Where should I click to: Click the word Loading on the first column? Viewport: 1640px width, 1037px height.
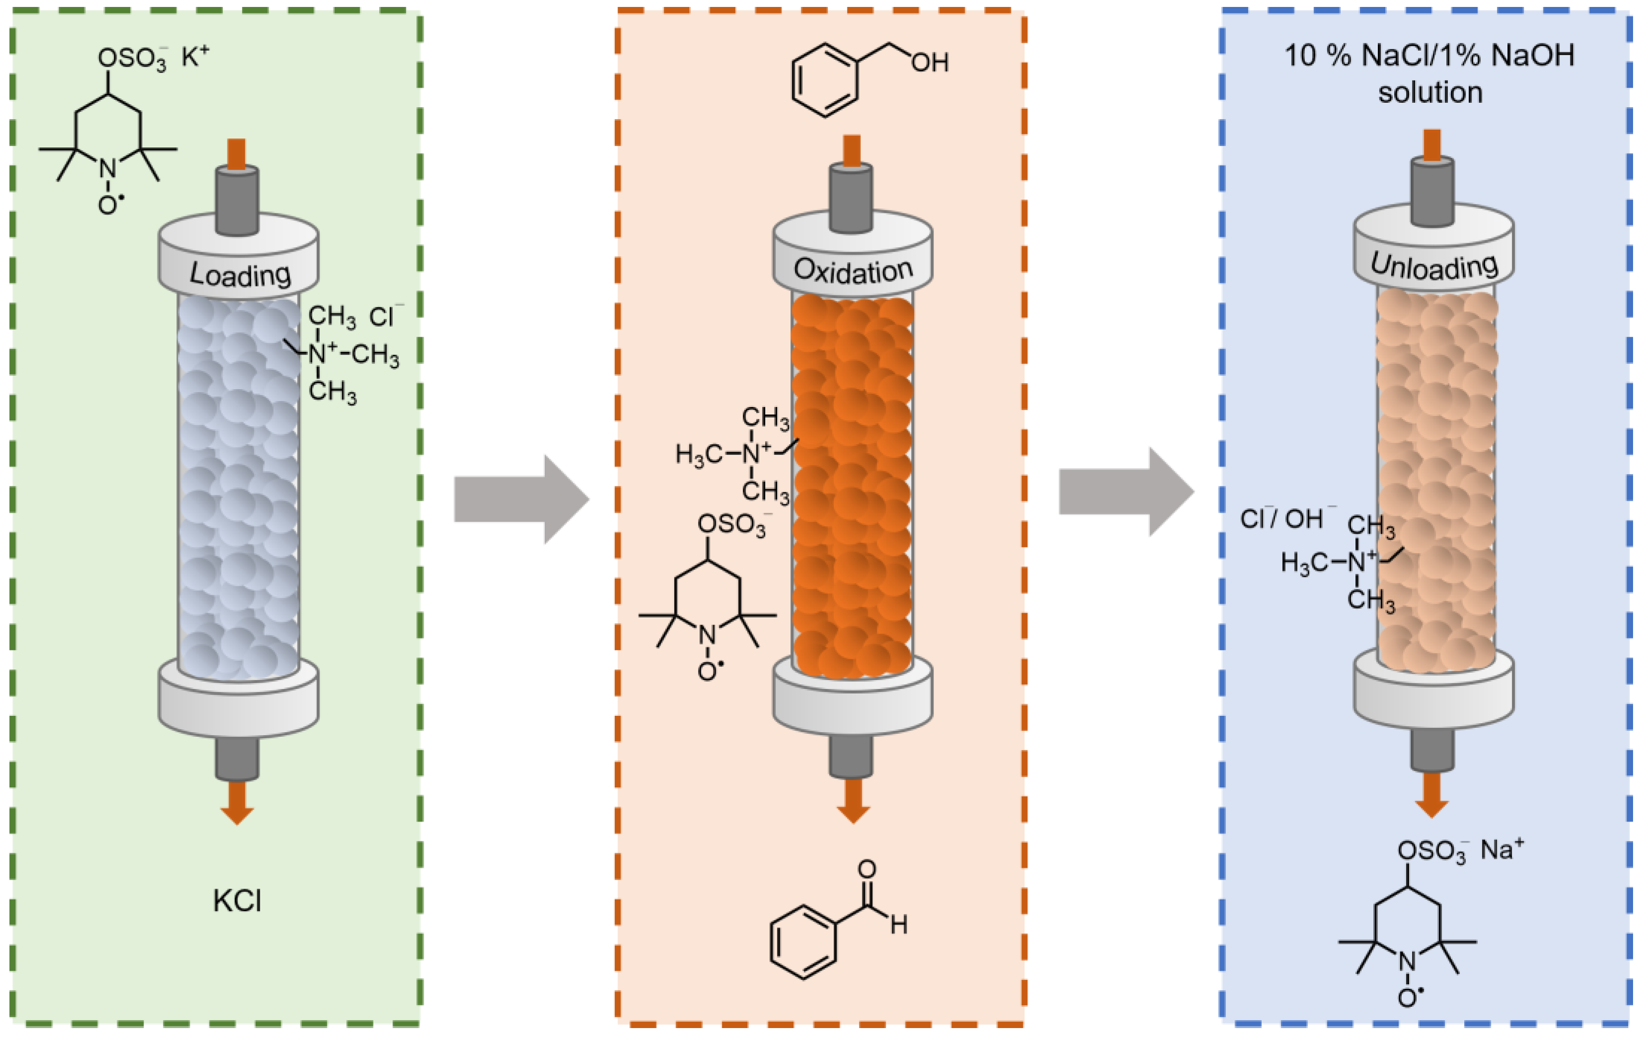[240, 275]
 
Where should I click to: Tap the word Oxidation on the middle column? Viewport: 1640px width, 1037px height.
[853, 271]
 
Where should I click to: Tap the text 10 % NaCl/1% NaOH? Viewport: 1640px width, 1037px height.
[1429, 55]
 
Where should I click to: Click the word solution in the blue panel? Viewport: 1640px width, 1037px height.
[1430, 93]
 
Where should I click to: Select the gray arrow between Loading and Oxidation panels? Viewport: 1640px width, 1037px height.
[521, 499]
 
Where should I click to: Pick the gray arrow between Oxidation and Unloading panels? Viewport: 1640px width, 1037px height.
[1126, 491]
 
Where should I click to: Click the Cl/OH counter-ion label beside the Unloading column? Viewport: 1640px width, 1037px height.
[1286, 519]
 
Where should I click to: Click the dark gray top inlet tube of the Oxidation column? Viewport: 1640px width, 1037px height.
[852, 198]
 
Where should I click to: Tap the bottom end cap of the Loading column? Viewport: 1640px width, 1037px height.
[238, 701]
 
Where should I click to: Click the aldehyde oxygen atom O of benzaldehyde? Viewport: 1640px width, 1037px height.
[866, 869]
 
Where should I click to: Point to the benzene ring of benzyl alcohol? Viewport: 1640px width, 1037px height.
[825, 80]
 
